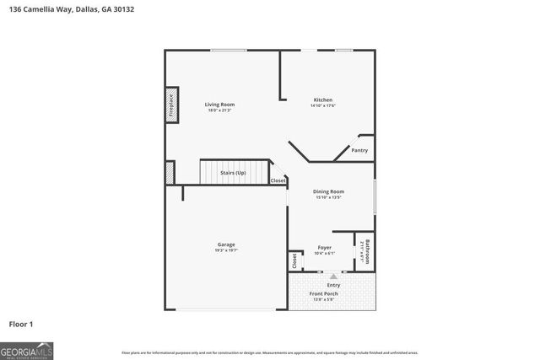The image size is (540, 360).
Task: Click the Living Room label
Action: click(219, 105)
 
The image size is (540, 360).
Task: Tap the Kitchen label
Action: click(323, 99)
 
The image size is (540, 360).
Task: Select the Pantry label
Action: click(359, 150)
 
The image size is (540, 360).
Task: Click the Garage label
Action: click(226, 244)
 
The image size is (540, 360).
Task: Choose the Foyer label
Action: click(325, 247)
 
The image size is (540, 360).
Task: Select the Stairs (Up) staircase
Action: click(234, 173)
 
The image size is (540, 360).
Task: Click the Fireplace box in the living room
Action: click(171, 105)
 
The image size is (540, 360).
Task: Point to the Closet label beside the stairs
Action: click(278, 180)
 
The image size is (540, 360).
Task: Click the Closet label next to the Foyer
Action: click(295, 261)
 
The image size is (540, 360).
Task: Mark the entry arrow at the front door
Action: click(333, 276)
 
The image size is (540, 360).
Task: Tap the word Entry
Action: click(333, 285)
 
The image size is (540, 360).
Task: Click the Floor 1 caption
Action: click(21, 323)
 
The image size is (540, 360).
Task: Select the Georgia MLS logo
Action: click(27, 349)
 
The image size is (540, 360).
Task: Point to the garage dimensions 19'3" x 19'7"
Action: click(226, 250)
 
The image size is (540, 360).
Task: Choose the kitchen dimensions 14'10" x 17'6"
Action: click(323, 106)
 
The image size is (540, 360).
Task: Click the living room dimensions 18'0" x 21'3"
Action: click(219, 110)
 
